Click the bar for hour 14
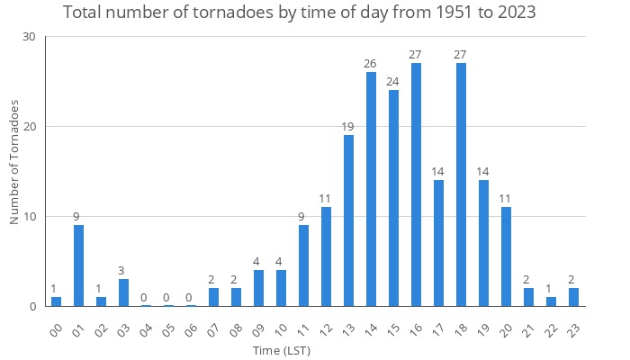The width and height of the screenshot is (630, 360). tap(371, 189)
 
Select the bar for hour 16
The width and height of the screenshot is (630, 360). tap(416, 184)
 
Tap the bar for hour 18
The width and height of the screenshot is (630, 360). tap(461, 184)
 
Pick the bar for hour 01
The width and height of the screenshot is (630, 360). tap(78, 265)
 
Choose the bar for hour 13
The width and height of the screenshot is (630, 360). tap(348, 220)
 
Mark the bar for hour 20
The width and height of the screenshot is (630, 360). tap(506, 256)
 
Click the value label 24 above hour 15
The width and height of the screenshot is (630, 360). tap(393, 81)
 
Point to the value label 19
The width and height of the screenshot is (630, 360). tap(348, 126)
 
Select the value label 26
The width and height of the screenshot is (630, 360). tap(371, 63)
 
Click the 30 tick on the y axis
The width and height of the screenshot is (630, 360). tap(29, 37)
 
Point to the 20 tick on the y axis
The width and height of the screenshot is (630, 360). tap(29, 127)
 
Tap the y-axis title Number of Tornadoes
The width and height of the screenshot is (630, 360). tap(15, 162)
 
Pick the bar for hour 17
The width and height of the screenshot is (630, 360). tap(438, 243)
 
